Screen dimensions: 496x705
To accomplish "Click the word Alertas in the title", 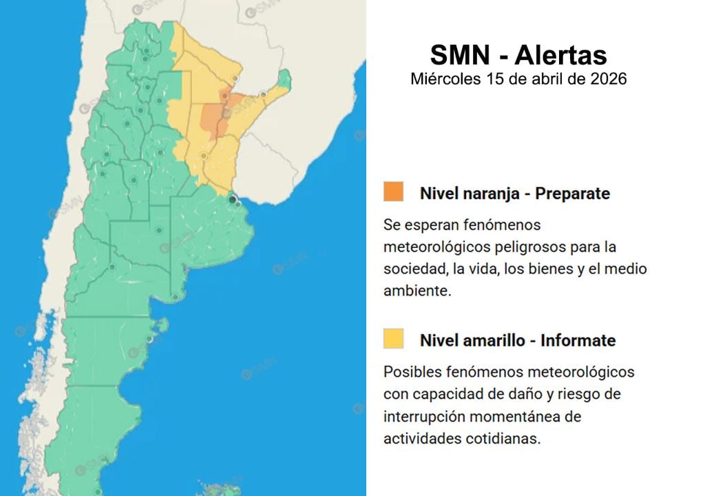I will [x=560, y=54].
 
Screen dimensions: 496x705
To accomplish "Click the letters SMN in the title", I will [x=460, y=54].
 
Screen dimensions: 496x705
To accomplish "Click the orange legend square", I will [x=394, y=192].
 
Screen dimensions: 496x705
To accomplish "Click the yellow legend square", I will [x=394, y=338].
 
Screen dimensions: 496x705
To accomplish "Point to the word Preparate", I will [x=572, y=194].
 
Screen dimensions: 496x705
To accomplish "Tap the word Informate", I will [x=578, y=340].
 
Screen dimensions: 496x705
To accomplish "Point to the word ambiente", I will [x=417, y=290].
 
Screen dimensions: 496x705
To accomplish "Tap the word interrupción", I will [x=427, y=416].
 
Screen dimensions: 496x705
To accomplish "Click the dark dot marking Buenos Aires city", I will [x=233, y=199].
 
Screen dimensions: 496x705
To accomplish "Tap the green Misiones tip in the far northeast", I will [x=284, y=79].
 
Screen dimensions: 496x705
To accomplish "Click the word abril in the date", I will [x=547, y=79].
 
